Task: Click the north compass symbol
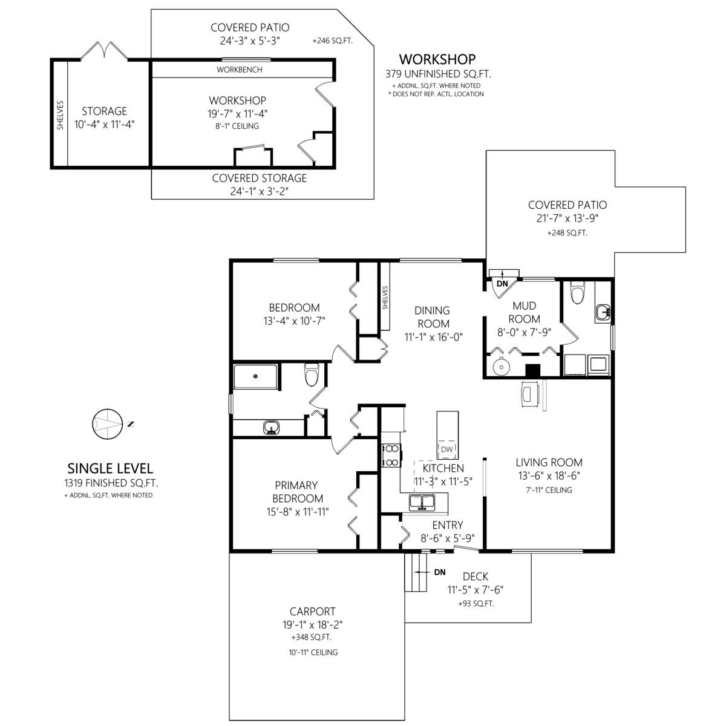click(x=108, y=424)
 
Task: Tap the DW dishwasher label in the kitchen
click(x=446, y=450)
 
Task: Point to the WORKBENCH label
click(x=239, y=70)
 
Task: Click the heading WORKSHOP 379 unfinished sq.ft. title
click(x=438, y=66)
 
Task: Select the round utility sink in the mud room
click(x=502, y=366)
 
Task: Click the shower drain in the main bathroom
click(x=255, y=376)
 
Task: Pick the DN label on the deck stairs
click(x=440, y=572)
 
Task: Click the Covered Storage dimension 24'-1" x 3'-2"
click(x=259, y=191)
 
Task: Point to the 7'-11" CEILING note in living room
click(x=549, y=490)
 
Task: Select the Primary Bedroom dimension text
click(x=298, y=512)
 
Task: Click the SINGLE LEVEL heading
click(x=110, y=468)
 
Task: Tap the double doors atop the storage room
click(x=104, y=50)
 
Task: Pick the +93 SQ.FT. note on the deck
click(x=476, y=604)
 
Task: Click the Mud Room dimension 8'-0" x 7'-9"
click(x=524, y=332)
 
